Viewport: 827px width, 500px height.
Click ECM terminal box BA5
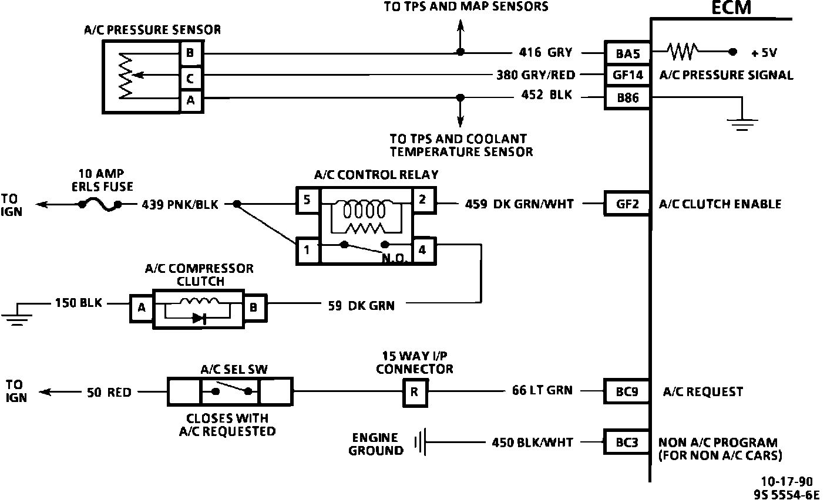pyautogui.click(x=627, y=53)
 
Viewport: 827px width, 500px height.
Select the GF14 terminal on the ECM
pyautogui.click(x=627, y=75)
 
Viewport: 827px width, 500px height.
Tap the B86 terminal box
pyautogui.click(x=627, y=98)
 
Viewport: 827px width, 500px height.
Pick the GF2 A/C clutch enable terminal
pyautogui.click(x=627, y=204)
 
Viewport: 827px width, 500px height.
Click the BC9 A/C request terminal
pyautogui.click(x=627, y=391)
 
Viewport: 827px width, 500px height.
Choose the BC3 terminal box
pyautogui.click(x=627, y=442)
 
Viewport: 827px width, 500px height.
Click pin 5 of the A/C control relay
pyautogui.click(x=307, y=199)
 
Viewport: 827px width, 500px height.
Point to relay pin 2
pyautogui.click(x=422, y=199)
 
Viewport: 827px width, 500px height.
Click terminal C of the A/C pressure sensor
pyautogui.click(x=190, y=77)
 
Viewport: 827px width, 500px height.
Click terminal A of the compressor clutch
pyautogui.click(x=141, y=307)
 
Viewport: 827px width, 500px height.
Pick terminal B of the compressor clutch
pyautogui.click(x=253, y=307)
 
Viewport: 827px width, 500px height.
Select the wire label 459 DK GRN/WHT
pyautogui.click(x=519, y=204)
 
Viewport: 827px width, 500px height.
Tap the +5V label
pyautogui.click(x=764, y=53)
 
